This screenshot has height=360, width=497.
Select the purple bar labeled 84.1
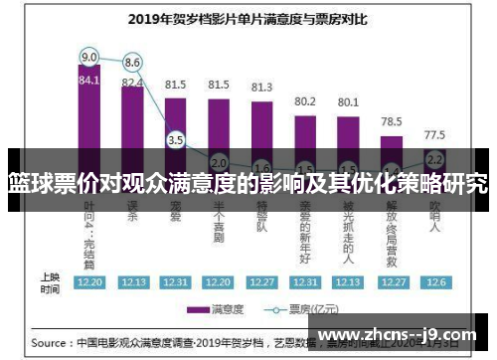pyautogui.click(x=89, y=119)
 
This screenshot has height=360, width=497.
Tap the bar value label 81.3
pyautogui.click(x=261, y=88)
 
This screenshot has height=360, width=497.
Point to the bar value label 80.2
pyautogui.click(x=305, y=101)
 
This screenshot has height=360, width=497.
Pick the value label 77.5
pyautogui.click(x=434, y=134)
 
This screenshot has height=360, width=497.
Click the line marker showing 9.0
pyautogui.click(x=89, y=56)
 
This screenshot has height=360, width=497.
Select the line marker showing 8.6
pyautogui.click(x=132, y=63)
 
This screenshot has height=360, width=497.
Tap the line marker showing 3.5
pyautogui.click(x=176, y=140)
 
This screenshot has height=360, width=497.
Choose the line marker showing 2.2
pyautogui.click(x=434, y=159)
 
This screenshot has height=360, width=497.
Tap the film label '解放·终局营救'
pyautogui.click(x=392, y=229)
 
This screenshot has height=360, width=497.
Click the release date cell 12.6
pyautogui.click(x=434, y=281)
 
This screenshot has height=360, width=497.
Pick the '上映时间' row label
pyautogui.click(x=50, y=281)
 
